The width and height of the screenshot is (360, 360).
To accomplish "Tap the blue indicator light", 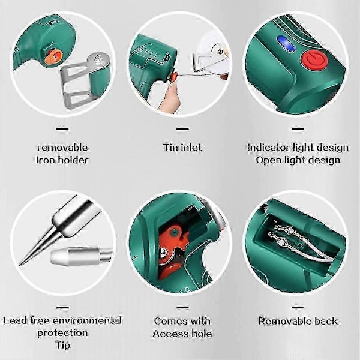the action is pyautogui.click(x=286, y=44).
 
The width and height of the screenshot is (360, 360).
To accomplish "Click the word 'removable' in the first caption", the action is pyautogui.click(x=62, y=148).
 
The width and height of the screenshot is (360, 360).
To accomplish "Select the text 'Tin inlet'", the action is pyautogui.click(x=182, y=148).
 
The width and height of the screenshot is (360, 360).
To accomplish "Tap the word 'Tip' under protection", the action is pyautogui.click(x=62, y=346).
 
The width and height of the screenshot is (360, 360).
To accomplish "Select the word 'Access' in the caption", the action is pyautogui.click(x=169, y=334).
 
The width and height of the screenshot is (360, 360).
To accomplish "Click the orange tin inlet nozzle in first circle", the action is pyautogui.click(x=53, y=57).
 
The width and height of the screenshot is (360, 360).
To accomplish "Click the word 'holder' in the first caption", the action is pyautogui.click(x=73, y=160).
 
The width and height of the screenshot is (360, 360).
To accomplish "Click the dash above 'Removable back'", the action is pyautogui.click(x=298, y=308).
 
